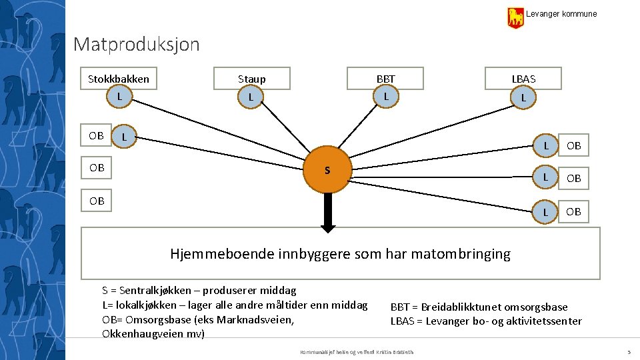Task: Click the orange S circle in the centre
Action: (x=327, y=170)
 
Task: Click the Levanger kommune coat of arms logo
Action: (x=515, y=17)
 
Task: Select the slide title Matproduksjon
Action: (x=137, y=45)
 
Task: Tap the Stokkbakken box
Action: (x=119, y=79)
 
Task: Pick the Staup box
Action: (x=251, y=79)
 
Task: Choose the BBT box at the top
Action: (x=385, y=79)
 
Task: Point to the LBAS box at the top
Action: (x=523, y=79)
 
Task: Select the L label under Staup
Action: (x=251, y=98)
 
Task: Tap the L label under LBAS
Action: (x=523, y=98)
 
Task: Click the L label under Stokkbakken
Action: (x=119, y=97)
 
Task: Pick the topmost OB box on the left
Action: (x=97, y=135)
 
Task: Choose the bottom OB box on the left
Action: (x=97, y=200)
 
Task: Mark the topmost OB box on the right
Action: (x=573, y=145)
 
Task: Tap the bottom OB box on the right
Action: (x=573, y=211)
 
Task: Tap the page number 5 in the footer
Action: (x=629, y=351)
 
